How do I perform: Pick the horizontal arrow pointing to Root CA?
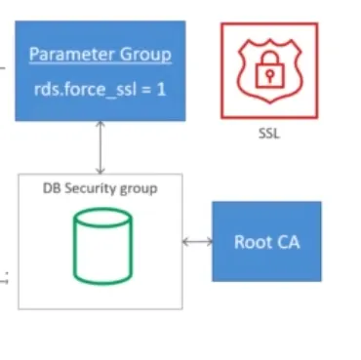(197, 241)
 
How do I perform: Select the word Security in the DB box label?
(100, 187)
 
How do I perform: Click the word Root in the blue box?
(251, 241)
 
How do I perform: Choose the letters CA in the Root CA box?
(286, 241)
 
